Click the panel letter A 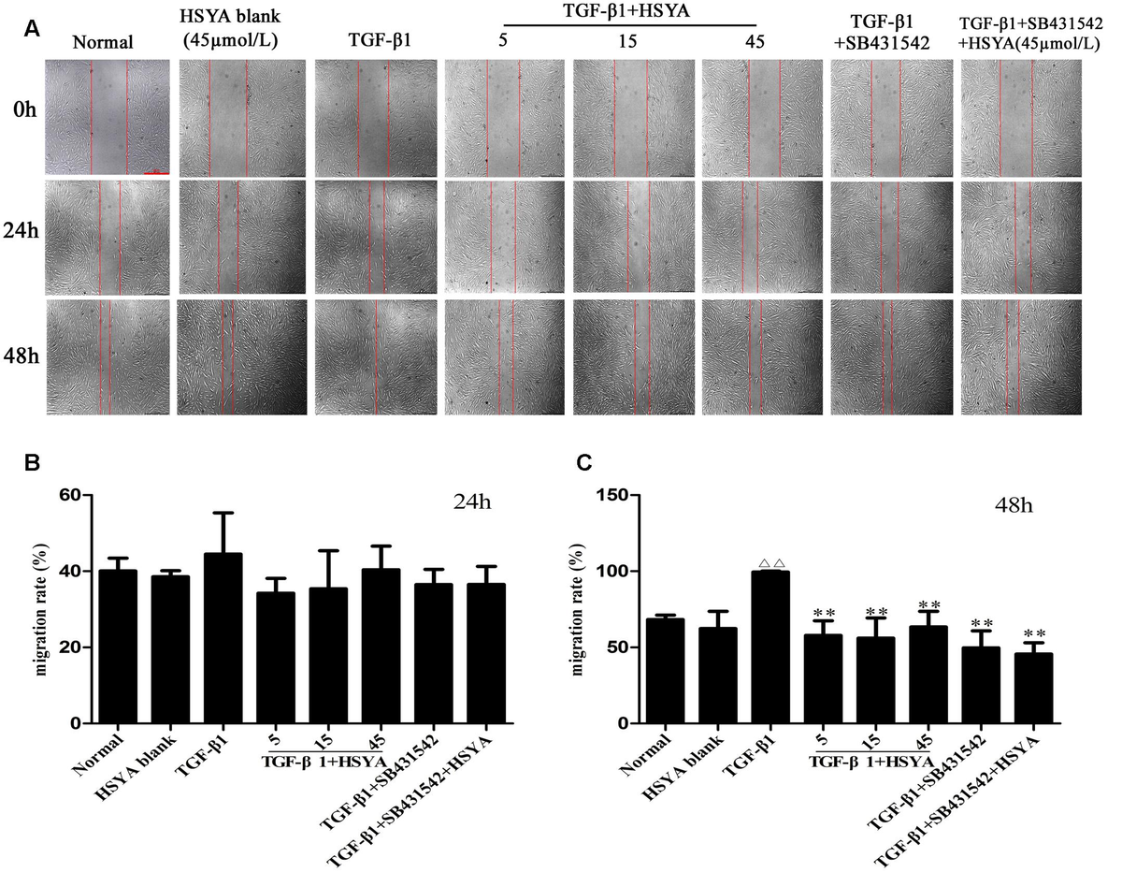pos(32,29)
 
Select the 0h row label pos(21,118)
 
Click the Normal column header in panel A pos(106,41)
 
